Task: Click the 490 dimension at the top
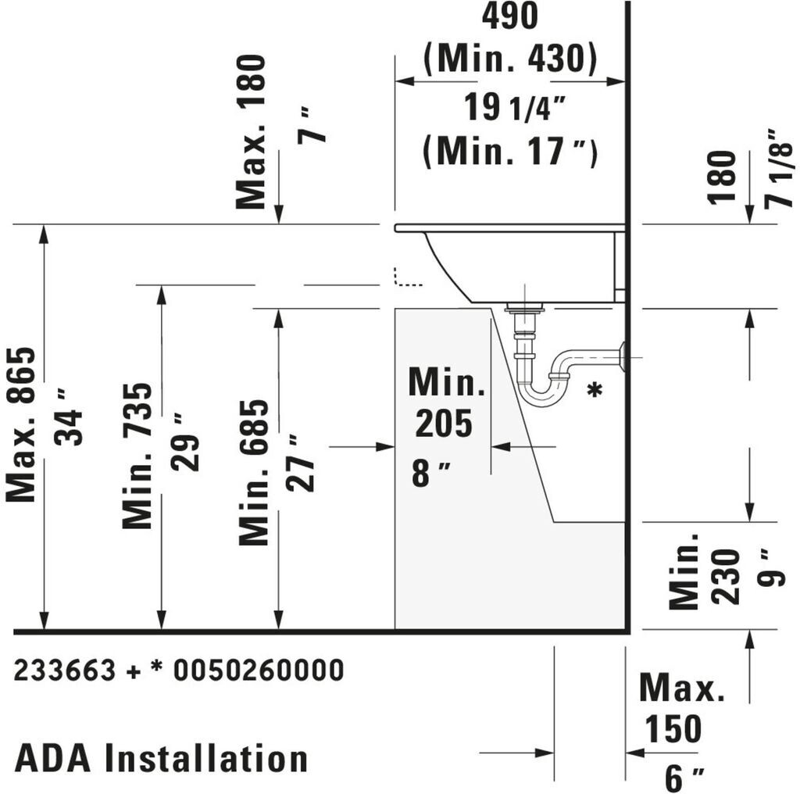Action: click(509, 16)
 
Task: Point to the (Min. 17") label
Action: click(509, 151)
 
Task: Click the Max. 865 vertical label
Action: click(21, 424)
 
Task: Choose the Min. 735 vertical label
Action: click(137, 456)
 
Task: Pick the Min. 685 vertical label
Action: click(254, 472)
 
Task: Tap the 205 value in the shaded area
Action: click(443, 424)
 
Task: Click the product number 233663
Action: click(65, 670)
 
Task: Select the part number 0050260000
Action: click(258, 670)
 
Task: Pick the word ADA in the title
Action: click(53, 758)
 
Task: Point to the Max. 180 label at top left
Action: click(252, 131)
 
